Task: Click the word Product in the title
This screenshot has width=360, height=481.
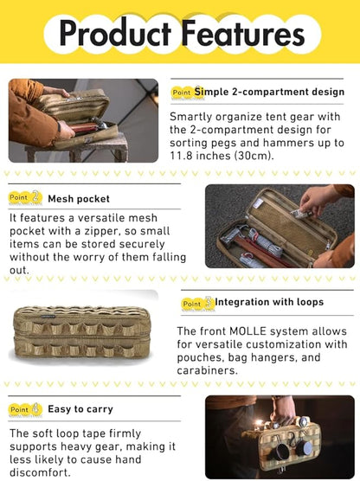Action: [115, 33]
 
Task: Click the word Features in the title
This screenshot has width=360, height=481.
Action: [243, 33]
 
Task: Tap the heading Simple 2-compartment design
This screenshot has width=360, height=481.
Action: [269, 92]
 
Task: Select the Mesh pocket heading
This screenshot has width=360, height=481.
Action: [79, 199]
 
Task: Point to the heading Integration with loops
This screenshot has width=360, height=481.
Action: [269, 302]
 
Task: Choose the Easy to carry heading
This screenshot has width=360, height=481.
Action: [80, 409]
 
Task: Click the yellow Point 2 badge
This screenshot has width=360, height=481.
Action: [25, 197]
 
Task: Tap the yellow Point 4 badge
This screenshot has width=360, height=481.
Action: [25, 409]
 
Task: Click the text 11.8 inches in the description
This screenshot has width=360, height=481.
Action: [202, 156]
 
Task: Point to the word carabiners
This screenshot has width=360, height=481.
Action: [207, 370]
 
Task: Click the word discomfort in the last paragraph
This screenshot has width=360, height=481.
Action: [40, 472]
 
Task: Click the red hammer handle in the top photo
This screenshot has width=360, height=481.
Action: [85, 127]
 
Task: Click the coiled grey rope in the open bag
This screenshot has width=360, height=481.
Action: [260, 242]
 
